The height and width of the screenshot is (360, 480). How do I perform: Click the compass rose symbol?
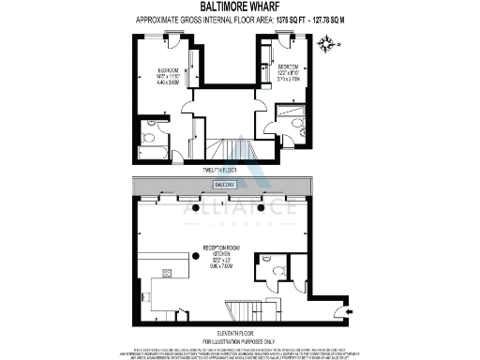(x=326, y=41)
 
